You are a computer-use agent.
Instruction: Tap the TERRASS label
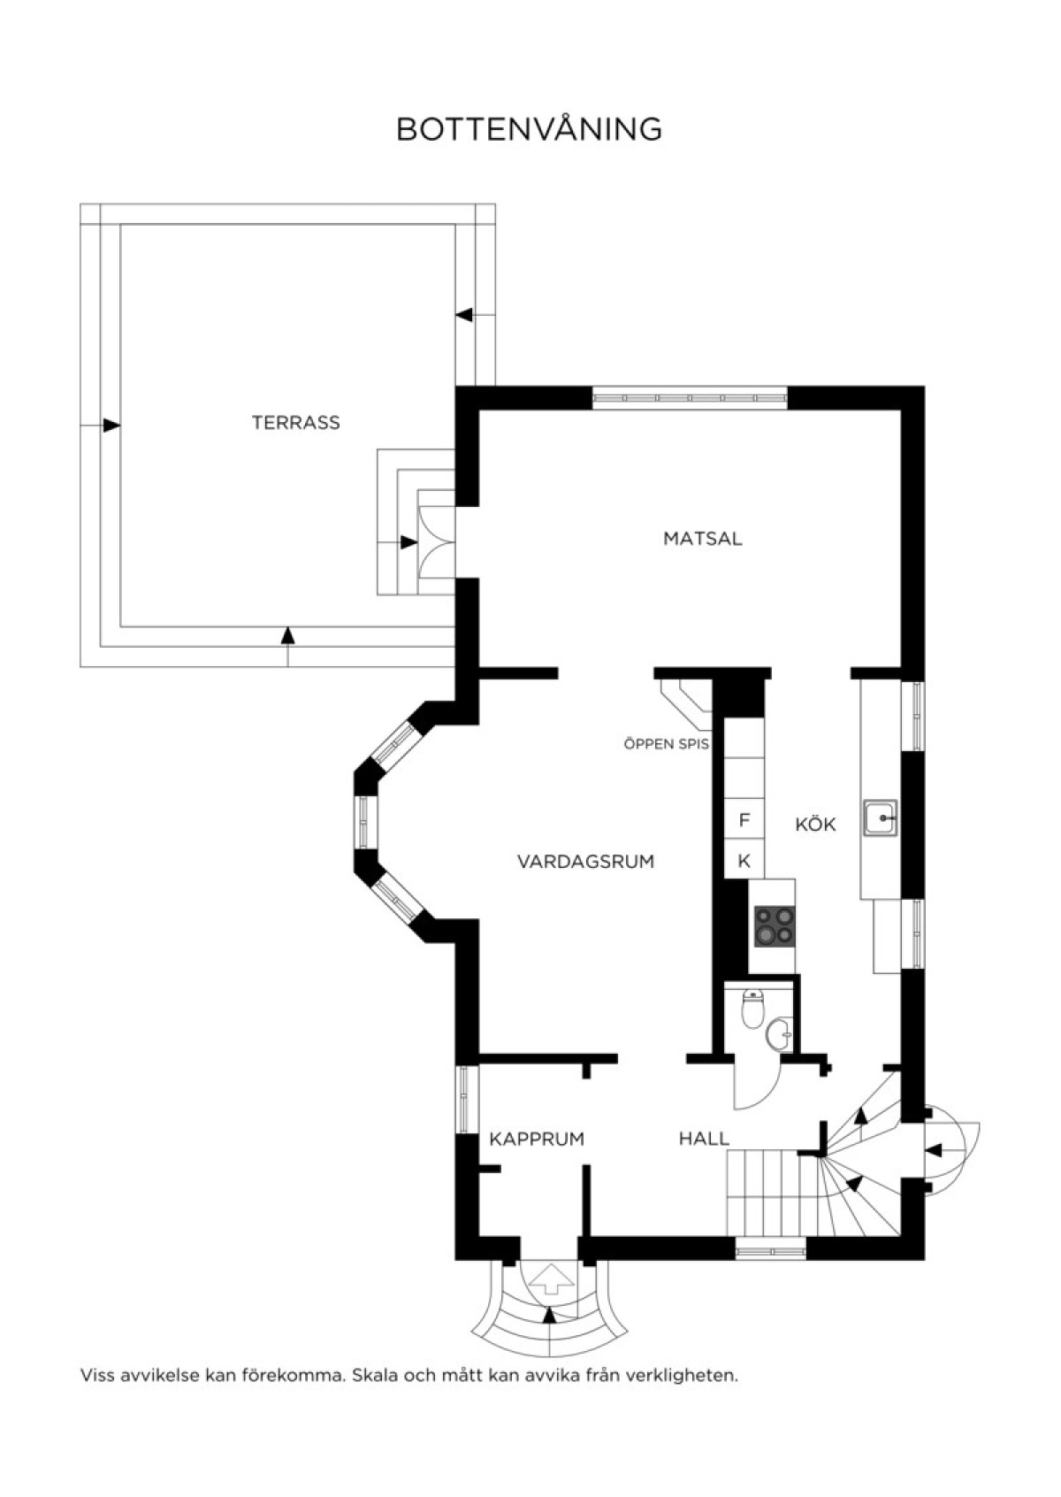(x=296, y=422)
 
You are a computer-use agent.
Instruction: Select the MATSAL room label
(x=702, y=539)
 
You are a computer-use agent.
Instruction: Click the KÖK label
(x=815, y=824)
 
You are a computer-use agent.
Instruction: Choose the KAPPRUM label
(x=537, y=1139)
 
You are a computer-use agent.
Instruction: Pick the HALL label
(x=704, y=1139)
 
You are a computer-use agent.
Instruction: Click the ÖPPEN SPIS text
(x=667, y=744)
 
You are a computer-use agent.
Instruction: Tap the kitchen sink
(x=880, y=818)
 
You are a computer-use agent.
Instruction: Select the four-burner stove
(x=775, y=925)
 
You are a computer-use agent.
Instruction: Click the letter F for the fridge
(x=744, y=819)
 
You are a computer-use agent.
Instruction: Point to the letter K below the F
(x=744, y=862)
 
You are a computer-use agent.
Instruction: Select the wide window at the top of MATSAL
(x=690, y=397)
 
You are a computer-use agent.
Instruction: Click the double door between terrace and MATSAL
(x=436, y=542)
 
